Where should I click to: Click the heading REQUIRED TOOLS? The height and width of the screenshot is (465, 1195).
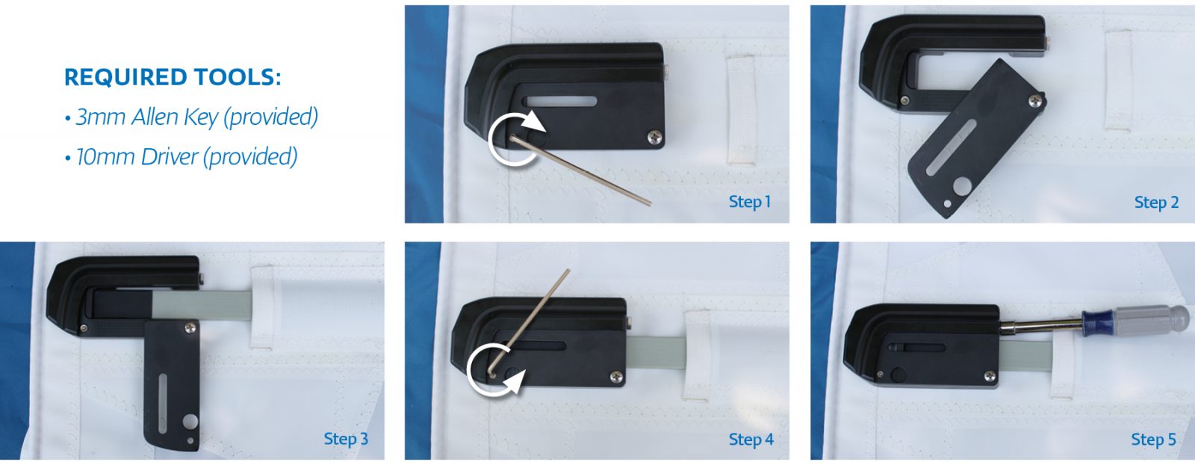[x=173, y=77]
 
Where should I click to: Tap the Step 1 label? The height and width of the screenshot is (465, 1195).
[x=749, y=201]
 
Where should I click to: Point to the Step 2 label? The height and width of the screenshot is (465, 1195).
[x=1156, y=202]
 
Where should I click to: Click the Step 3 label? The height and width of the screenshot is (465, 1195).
[x=346, y=439]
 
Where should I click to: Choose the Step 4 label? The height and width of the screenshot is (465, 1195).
[x=751, y=440]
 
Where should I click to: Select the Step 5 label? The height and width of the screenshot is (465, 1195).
[x=1153, y=440]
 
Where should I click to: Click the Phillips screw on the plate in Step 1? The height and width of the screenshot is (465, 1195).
[x=654, y=137]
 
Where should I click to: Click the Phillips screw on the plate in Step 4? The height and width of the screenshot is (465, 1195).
[x=616, y=376]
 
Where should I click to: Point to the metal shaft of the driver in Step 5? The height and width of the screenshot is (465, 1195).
[x=1042, y=324]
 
